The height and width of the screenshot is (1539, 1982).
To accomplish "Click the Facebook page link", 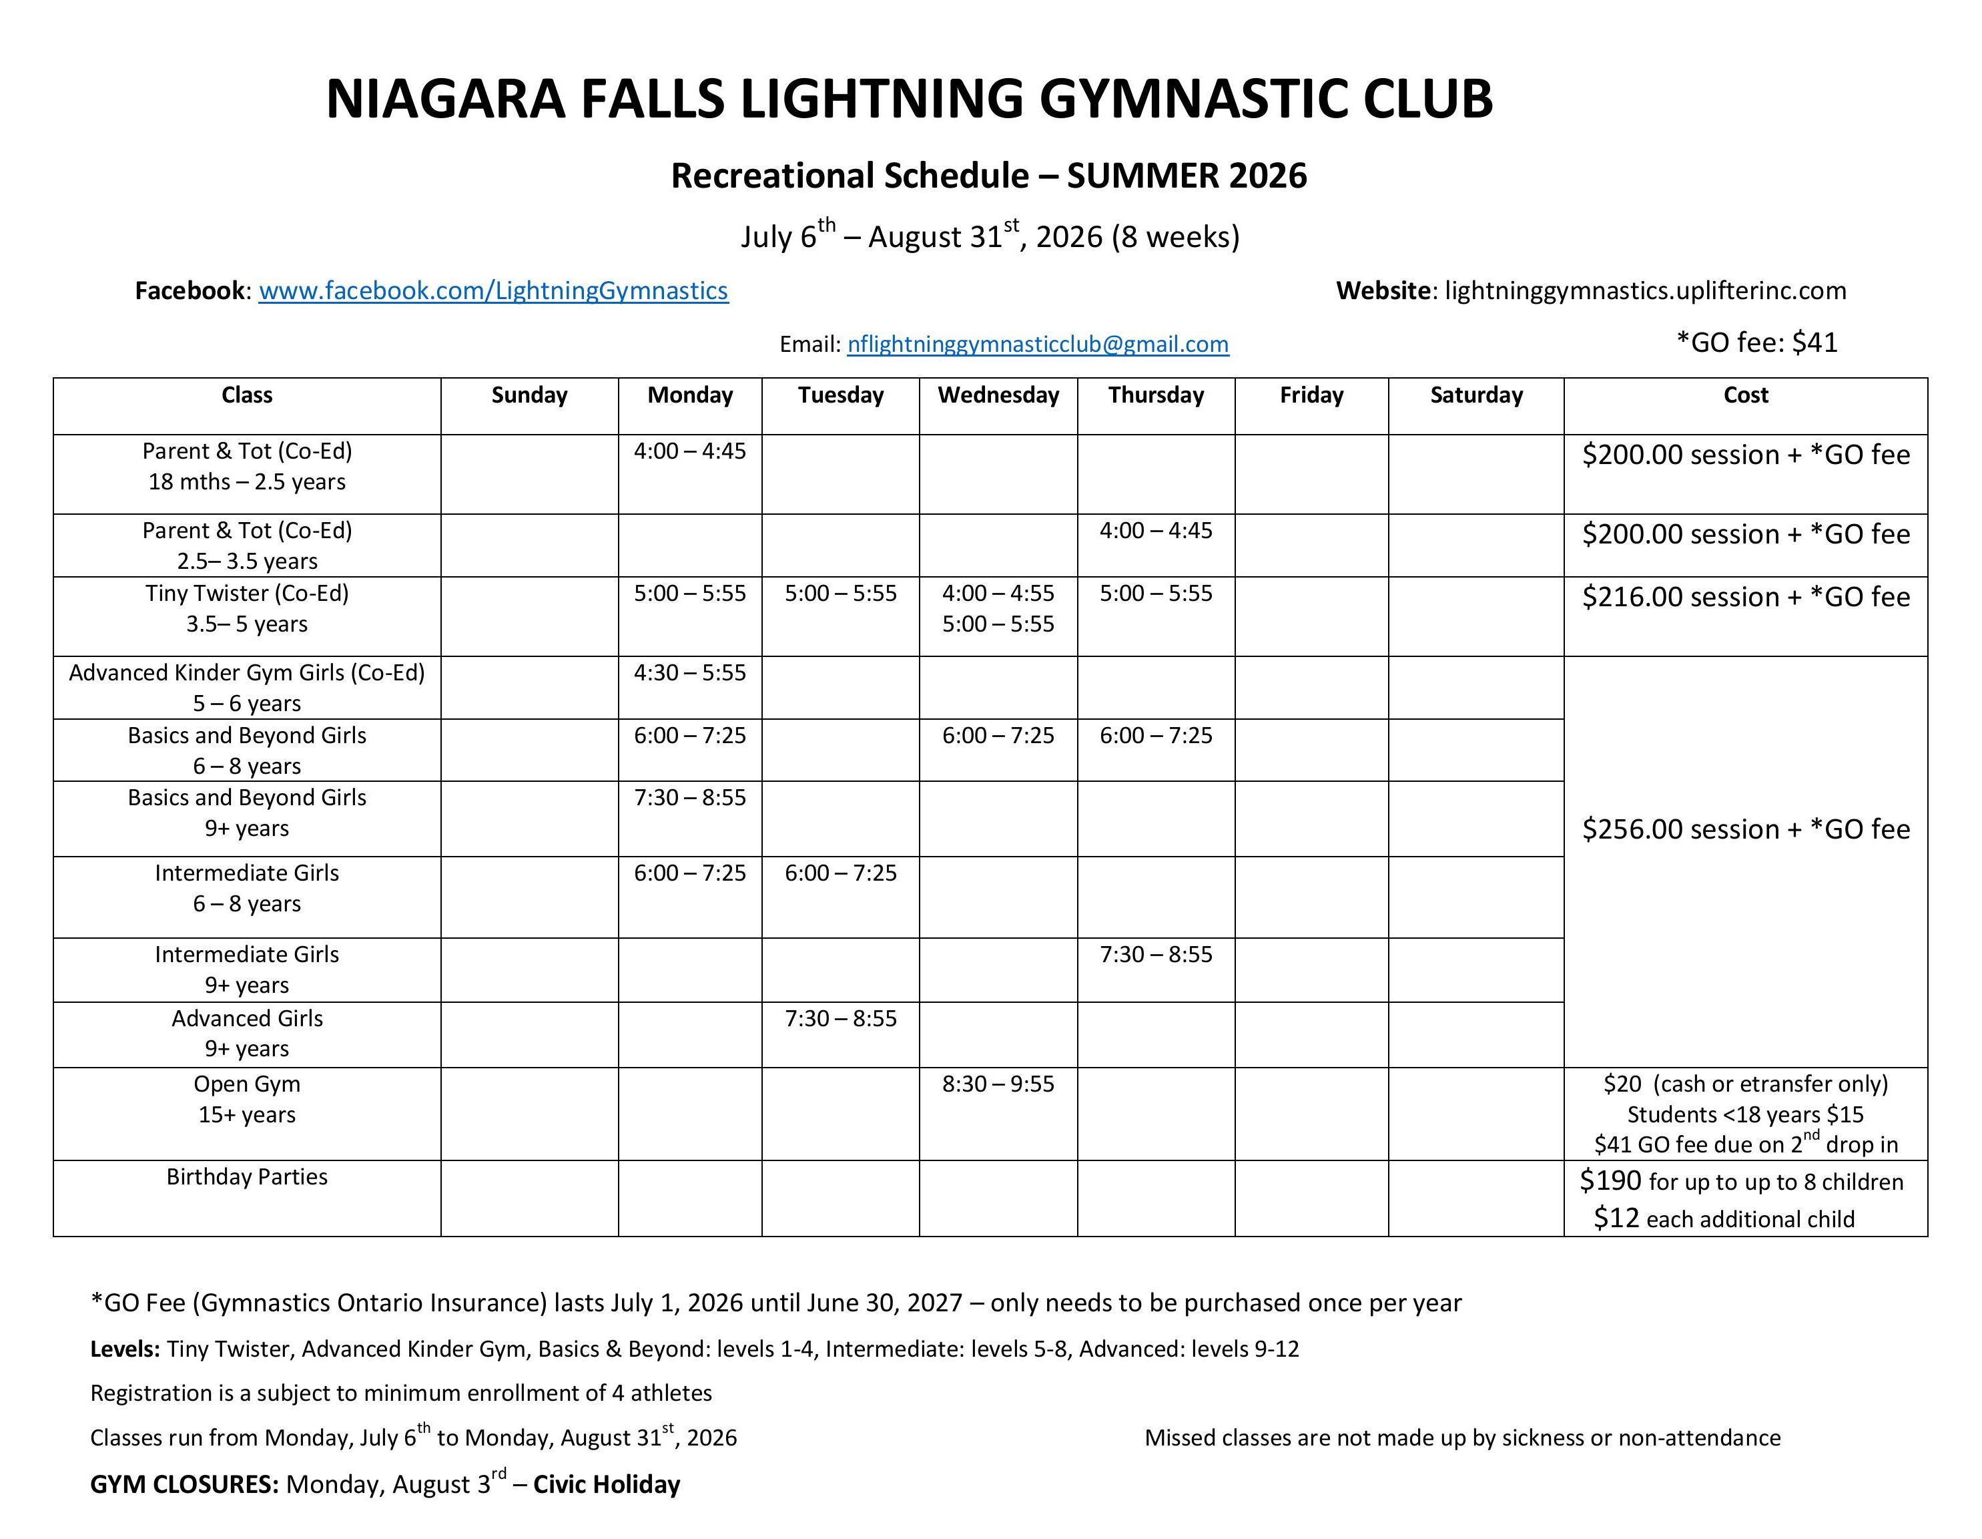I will coord(492,290).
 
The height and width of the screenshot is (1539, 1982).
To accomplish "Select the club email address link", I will coord(1037,344).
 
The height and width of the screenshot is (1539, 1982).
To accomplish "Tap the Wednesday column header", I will coord(998,395).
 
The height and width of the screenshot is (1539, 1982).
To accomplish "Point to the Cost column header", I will coord(1745,395).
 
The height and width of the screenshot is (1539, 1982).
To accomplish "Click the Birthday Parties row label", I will coord(247,1176).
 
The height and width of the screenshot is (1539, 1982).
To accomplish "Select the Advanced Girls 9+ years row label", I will coord(247,1034).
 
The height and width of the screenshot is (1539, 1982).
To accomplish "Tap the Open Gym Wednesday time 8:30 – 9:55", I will coord(998,1084).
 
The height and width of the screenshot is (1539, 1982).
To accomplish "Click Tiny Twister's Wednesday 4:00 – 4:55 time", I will coord(998,594).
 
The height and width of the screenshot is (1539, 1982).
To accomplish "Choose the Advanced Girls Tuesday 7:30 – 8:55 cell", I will coord(840,1019).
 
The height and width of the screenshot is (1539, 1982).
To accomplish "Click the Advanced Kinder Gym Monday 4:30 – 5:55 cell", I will coord(690,673).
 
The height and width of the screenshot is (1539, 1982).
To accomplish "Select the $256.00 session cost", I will coord(1744,830).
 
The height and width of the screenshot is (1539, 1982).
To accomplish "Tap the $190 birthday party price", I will coord(1611,1180).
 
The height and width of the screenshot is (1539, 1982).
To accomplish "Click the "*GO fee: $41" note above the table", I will coord(1757,343).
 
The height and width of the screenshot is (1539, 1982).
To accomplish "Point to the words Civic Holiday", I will coord(606,1484).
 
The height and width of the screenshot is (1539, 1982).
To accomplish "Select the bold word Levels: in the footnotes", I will coord(125,1349).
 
